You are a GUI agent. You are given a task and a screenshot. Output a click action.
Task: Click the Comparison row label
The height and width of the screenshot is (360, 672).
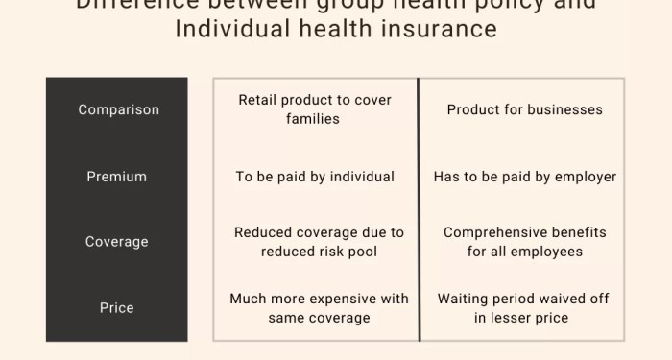coord(118,109)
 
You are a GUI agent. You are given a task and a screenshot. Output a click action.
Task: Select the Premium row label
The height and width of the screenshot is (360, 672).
coord(117,177)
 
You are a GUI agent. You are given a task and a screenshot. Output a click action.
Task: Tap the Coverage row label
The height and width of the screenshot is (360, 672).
coord(117,242)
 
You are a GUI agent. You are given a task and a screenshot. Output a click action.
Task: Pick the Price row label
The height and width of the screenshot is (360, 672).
coord(117,308)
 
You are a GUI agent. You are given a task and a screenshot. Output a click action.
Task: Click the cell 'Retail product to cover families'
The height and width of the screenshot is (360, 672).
coord(315,109)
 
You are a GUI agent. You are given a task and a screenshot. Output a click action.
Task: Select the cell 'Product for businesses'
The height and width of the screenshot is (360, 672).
coord(525,109)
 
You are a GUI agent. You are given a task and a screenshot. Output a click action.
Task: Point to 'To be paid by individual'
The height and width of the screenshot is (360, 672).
coord(315,177)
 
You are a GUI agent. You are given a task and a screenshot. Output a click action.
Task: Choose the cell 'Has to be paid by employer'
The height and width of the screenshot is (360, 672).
coord(525,177)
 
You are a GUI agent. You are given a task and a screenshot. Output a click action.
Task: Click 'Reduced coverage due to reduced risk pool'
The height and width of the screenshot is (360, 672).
coord(320,242)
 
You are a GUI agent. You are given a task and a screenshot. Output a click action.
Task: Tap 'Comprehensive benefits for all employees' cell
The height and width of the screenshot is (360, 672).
coord(525,242)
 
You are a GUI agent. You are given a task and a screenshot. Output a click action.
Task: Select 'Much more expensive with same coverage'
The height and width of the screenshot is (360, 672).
coord(320,308)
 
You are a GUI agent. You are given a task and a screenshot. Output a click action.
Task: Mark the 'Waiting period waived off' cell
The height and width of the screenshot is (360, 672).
coord(521,308)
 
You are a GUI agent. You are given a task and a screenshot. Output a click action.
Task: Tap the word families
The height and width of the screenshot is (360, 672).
coord(313,119)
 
